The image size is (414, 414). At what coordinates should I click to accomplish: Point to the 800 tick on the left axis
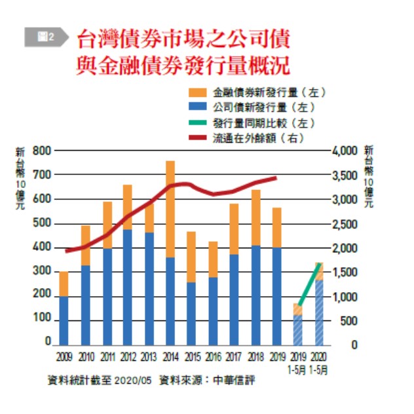coord(41,151)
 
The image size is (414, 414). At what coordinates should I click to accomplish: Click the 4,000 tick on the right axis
coord(346,151)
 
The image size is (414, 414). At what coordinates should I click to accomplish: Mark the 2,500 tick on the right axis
coord(346,225)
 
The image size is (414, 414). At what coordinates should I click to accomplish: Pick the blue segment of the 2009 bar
coord(64,320)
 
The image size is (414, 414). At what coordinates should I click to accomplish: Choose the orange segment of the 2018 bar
coord(256,217)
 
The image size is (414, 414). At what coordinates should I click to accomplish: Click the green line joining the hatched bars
coord(309,284)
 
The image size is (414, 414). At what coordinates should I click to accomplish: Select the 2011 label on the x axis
coord(107,357)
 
